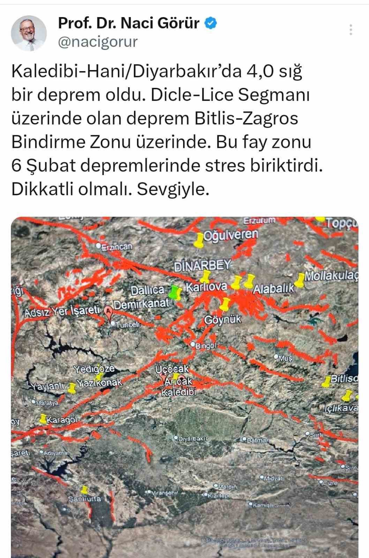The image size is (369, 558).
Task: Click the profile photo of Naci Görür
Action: [29, 33]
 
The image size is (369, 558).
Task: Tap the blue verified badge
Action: [211, 23]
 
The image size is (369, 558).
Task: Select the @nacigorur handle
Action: [98, 42]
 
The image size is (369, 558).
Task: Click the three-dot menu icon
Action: [351, 30]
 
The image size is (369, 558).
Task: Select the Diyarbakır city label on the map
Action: [193, 439]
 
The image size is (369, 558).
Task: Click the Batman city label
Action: [258, 440]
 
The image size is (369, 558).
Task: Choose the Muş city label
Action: [285, 358]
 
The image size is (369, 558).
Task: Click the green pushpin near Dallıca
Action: [175, 292]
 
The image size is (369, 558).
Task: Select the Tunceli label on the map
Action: [128, 324]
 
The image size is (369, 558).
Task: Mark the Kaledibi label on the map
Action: [178, 392]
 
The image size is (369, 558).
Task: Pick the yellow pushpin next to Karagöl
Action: [43, 418]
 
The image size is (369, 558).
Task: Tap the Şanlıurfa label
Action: [84, 499]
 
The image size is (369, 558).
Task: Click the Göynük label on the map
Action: [222, 320]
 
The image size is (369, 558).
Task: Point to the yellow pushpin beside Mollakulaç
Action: [300, 280]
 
